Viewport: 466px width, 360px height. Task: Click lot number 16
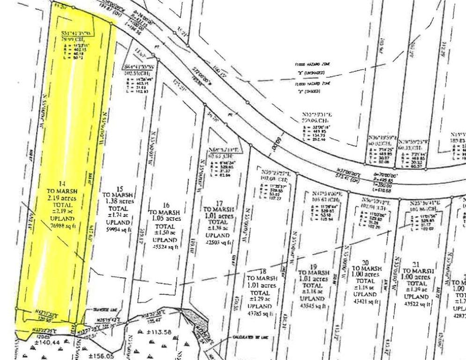165,205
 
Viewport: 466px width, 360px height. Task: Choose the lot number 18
263,271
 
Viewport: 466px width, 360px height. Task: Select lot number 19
313,265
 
